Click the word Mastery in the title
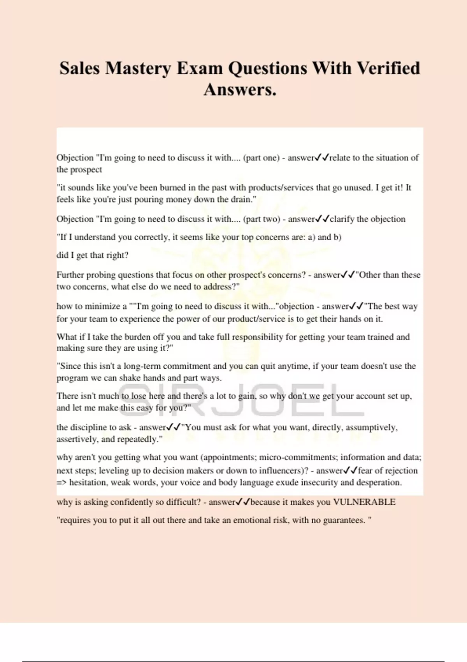click(138, 69)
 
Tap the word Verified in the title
click(388, 69)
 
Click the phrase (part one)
click(261, 158)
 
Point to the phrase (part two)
click(262, 219)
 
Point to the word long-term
click(142, 366)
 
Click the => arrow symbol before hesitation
click(62, 482)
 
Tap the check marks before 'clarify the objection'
click(322, 219)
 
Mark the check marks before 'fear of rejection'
click(350, 470)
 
